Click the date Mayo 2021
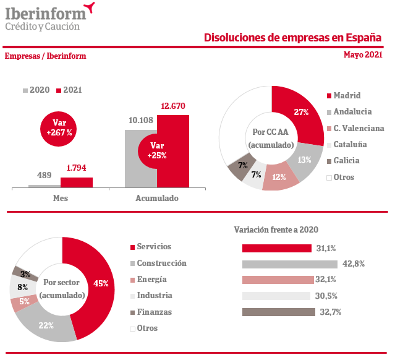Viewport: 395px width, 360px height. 363,54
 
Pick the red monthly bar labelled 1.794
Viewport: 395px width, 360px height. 76,182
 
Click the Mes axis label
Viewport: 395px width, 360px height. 60,198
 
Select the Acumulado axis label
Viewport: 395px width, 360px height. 157,198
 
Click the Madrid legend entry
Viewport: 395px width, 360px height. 347,96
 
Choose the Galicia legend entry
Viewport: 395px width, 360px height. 346,161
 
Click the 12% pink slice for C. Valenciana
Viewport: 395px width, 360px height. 279,179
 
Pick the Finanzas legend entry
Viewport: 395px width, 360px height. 154,312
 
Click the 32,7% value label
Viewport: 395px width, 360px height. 331,312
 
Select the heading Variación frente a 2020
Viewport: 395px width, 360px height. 276,229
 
